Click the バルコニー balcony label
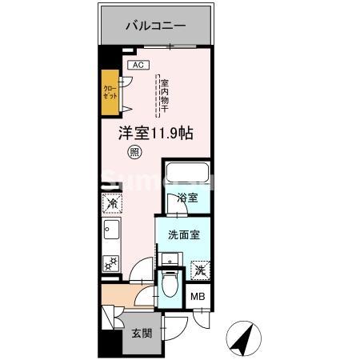coord(155,26)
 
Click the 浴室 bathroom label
coord(187,197)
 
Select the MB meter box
coord(197,298)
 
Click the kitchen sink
coord(110,232)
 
